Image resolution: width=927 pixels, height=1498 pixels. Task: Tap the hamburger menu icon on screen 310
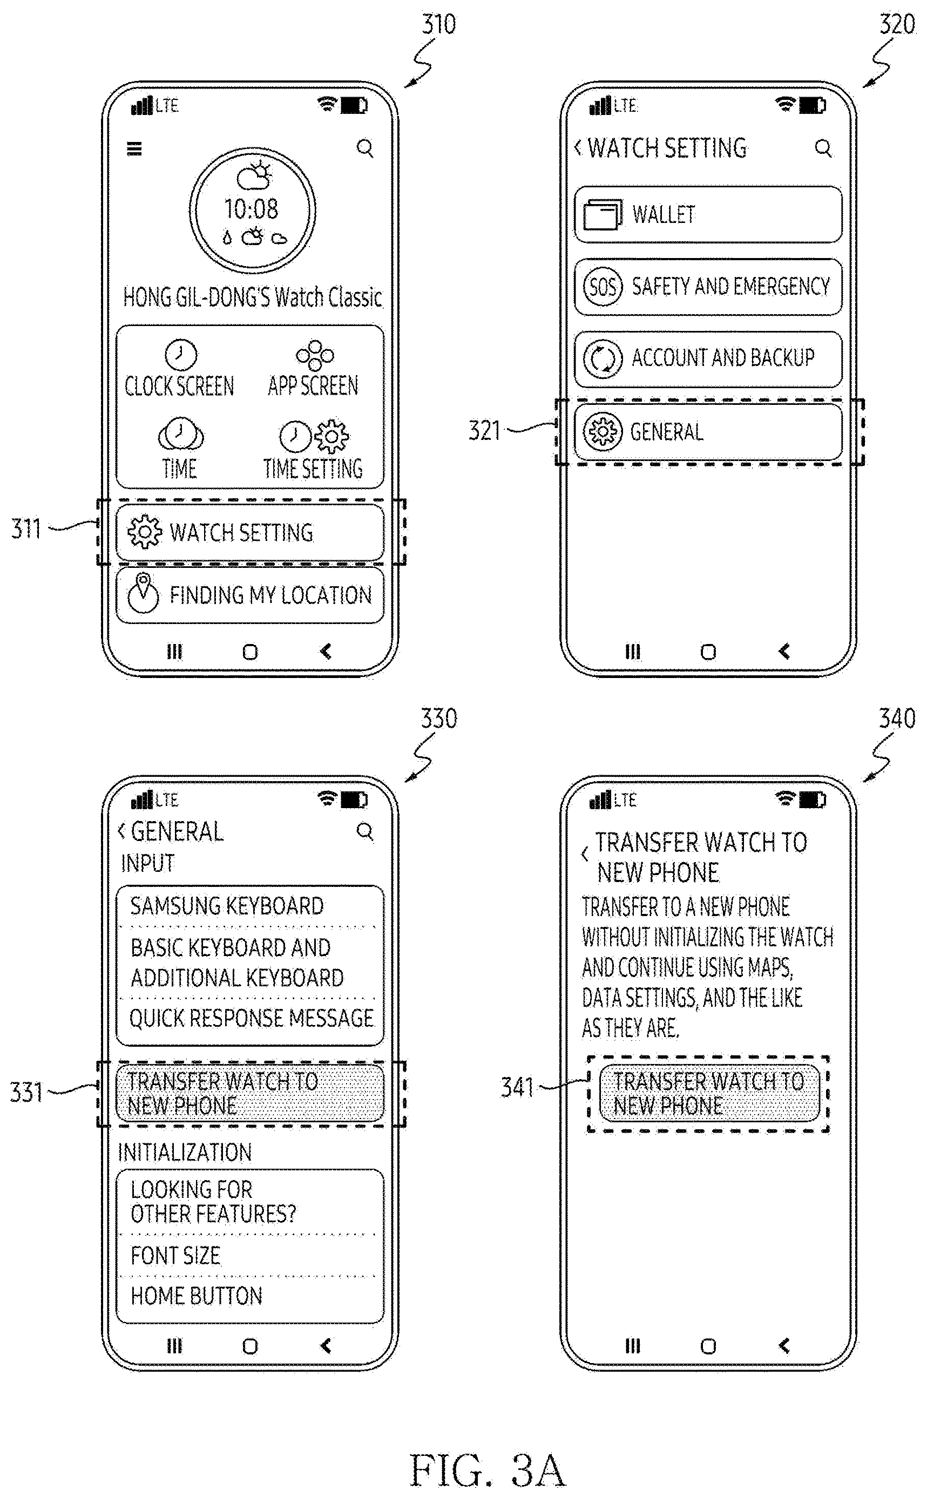click(x=134, y=148)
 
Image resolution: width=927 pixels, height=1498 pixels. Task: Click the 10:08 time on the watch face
click(x=251, y=208)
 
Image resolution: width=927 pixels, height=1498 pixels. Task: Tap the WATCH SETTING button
click(x=250, y=532)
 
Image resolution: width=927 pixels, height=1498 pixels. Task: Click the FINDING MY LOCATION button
click(x=250, y=594)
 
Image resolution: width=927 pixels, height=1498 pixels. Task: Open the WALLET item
click(x=708, y=214)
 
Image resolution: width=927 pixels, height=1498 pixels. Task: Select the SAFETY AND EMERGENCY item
click(x=708, y=286)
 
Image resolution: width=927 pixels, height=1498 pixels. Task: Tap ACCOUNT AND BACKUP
click(x=708, y=358)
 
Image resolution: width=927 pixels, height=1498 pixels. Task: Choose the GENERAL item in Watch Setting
click(x=708, y=431)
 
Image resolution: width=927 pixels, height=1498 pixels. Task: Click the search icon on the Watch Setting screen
click(x=823, y=148)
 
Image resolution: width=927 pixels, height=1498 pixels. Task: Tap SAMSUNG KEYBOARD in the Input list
click(x=227, y=906)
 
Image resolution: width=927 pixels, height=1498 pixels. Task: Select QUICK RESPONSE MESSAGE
click(x=252, y=1018)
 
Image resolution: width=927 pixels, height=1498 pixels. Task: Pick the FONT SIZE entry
click(x=175, y=1256)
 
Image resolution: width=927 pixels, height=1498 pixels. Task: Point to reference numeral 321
click(x=484, y=430)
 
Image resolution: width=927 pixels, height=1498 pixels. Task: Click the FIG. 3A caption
click(x=488, y=1470)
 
